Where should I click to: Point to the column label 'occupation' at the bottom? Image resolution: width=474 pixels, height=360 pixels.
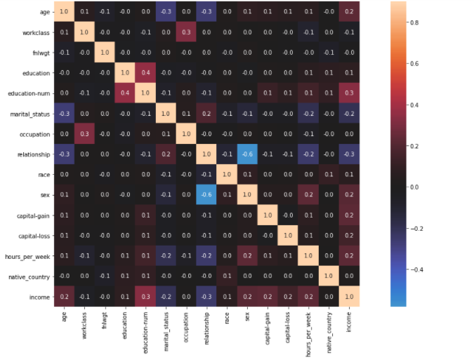click(x=185, y=331)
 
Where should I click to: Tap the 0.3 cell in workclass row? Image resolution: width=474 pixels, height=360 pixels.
click(x=185, y=32)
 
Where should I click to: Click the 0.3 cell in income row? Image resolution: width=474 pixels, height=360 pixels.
click(x=145, y=297)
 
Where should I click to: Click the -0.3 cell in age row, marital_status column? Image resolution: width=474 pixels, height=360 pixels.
click(x=166, y=12)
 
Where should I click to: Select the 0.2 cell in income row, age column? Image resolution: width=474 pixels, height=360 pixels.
click(x=65, y=297)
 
